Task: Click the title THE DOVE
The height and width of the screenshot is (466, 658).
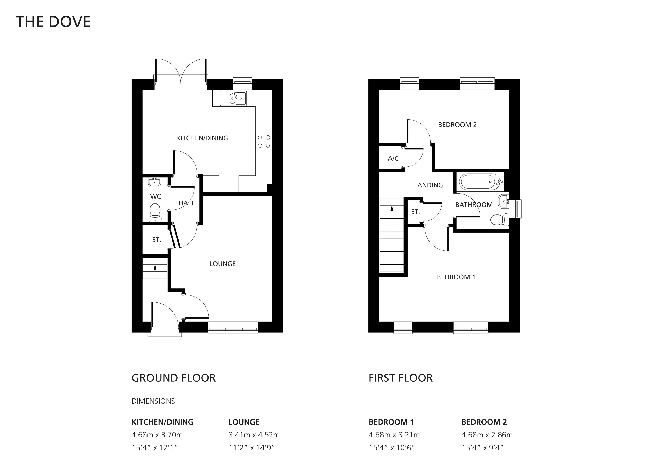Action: pos(53,22)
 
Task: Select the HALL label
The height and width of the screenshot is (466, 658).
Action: pos(187,203)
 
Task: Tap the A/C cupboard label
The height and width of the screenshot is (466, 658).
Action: pos(393,158)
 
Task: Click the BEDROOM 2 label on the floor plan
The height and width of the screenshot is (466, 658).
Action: pos(457,125)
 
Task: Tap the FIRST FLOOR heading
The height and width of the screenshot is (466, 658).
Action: pos(401,378)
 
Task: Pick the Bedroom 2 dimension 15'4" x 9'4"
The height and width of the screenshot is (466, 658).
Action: pos(483,448)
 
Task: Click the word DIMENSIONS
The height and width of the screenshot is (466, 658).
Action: pos(153,401)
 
